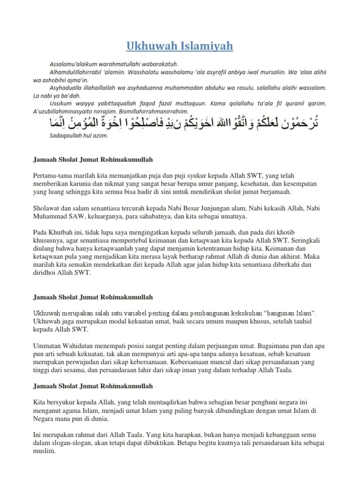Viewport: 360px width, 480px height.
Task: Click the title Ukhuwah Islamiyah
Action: [x=180, y=47]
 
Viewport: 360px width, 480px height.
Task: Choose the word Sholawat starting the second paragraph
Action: [x=47, y=209]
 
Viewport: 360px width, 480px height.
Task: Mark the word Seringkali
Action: [x=308, y=241]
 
